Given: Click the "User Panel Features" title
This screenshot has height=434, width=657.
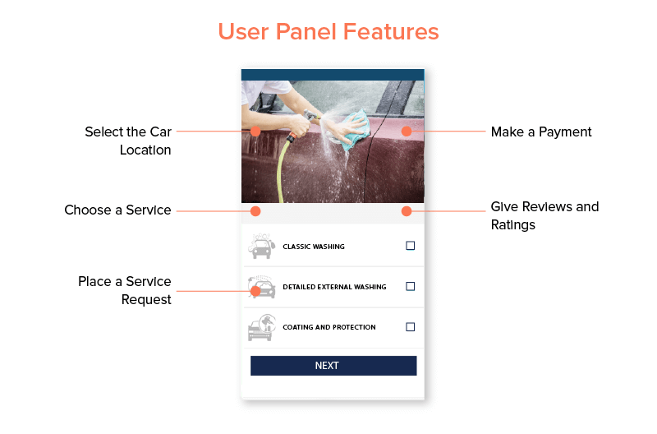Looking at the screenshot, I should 328,32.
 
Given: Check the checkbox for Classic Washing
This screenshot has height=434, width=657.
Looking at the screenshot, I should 411,246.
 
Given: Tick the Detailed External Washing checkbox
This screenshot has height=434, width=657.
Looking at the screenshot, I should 411,287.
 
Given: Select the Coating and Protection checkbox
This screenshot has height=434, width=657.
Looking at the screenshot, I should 411,327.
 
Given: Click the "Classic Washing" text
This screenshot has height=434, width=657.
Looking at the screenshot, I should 314,247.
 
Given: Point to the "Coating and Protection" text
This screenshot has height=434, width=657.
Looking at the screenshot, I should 329,327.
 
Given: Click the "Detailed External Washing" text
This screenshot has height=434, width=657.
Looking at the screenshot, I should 334,287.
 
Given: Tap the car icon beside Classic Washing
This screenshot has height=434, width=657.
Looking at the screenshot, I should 262,246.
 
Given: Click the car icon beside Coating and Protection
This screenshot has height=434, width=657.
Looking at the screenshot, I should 262,327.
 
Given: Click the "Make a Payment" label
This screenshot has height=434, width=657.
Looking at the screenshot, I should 541,132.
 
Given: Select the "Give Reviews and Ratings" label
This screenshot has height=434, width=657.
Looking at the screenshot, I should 544,215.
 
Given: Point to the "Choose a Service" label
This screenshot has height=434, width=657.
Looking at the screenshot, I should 117,210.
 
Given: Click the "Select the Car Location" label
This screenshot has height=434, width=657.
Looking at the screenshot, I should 128,141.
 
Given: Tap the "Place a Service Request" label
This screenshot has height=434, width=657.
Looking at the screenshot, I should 125,290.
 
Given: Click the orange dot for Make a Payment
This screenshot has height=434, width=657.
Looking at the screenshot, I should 407,131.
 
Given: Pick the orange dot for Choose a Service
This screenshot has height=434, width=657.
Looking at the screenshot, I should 255,211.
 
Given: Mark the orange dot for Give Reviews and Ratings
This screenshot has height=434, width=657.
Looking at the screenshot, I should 407,211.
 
